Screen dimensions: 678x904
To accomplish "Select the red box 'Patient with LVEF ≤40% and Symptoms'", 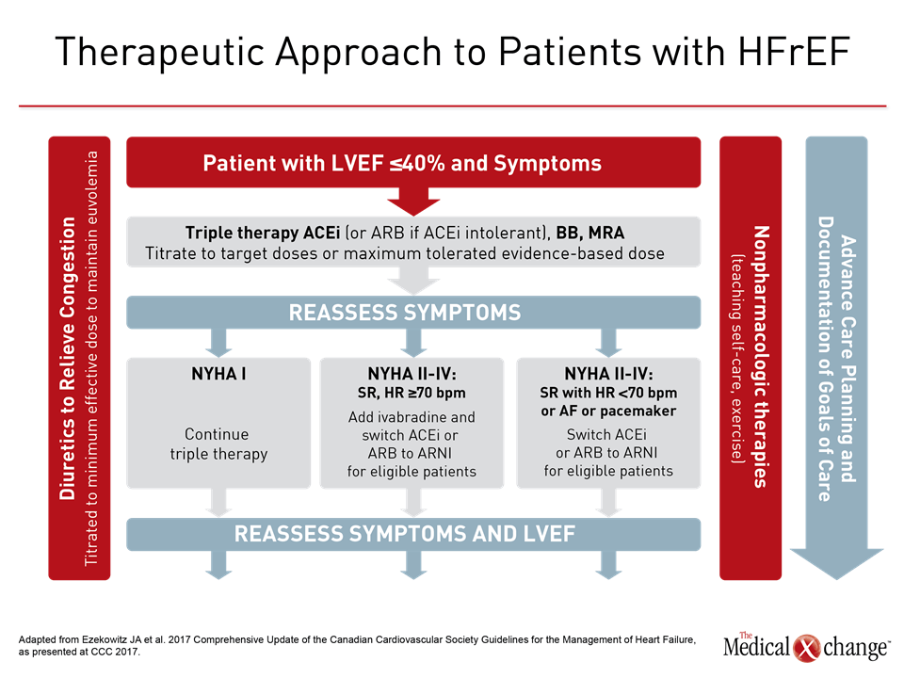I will coord(413,163).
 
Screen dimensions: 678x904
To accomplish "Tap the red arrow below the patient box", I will coord(413,201).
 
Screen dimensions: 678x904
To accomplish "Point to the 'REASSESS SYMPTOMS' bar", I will coord(413,312).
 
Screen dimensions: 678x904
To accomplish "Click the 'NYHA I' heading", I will coord(218,374).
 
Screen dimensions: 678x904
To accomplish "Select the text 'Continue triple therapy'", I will coord(218,444).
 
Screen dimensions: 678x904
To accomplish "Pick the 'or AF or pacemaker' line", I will coord(607,411).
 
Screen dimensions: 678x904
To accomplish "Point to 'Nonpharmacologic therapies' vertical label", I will coord(760,358).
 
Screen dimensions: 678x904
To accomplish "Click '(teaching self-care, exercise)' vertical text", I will coord(737,358).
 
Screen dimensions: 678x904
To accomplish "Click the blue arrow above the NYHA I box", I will coord(218,340).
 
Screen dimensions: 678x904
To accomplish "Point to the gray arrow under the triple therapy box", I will coord(413,279).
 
